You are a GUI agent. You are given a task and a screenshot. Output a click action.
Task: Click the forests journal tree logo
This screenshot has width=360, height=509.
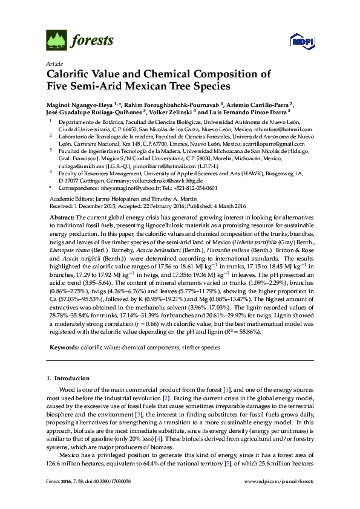[x=56, y=41]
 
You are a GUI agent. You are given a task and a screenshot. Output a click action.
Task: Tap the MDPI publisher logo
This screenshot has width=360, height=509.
[x=301, y=41]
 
